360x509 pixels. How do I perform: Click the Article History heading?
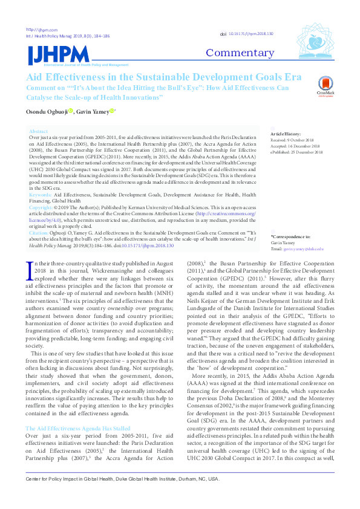(x=286, y=133)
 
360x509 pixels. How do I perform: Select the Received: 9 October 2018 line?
(x=295, y=139)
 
